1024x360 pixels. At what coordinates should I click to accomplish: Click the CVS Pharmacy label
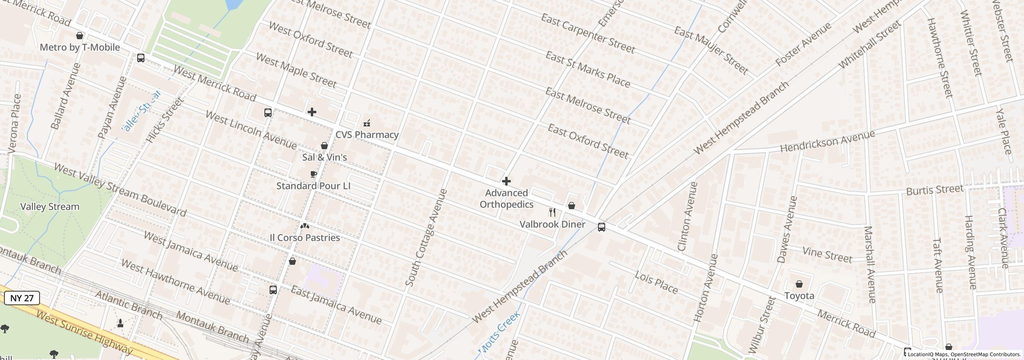click(367, 135)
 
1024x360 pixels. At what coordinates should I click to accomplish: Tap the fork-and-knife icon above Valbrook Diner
click(552, 212)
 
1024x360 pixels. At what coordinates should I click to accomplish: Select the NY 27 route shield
click(22, 298)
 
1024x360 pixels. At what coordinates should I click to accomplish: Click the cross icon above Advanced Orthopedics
click(506, 182)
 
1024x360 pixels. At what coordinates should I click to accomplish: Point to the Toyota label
click(799, 296)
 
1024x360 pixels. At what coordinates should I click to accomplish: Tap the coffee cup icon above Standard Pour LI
click(314, 174)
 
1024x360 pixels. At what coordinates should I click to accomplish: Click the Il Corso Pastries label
click(305, 238)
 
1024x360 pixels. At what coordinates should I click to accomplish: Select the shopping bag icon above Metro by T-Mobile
click(80, 36)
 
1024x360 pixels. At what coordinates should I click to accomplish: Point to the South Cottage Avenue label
click(426, 238)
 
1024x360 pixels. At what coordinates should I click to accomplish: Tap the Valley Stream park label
click(50, 207)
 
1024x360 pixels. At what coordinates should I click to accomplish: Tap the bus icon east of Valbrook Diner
click(601, 228)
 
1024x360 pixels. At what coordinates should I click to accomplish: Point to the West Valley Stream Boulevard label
click(120, 190)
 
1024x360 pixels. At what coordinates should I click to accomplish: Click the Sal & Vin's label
click(324, 158)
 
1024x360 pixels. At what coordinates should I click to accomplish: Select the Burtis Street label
click(934, 190)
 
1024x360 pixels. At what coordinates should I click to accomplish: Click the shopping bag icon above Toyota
click(799, 284)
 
